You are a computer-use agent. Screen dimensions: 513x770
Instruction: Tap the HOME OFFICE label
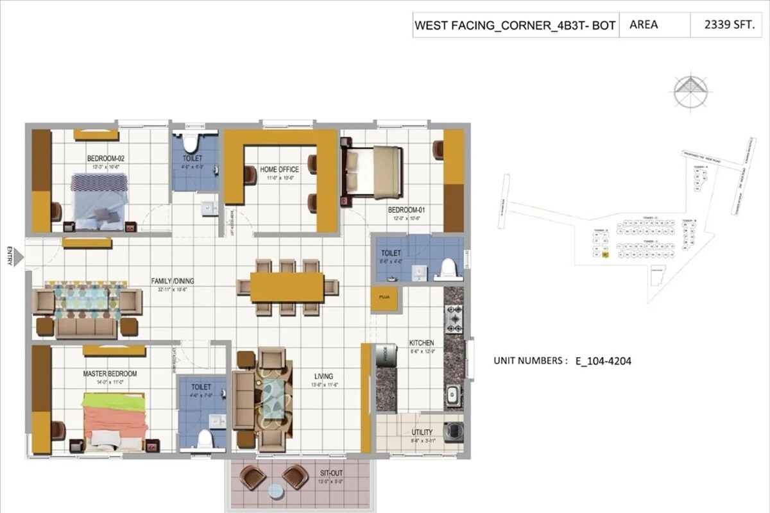[x=279, y=169]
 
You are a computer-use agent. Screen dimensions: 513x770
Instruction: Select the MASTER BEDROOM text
[x=110, y=373]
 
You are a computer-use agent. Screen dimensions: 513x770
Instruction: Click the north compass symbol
[x=690, y=92]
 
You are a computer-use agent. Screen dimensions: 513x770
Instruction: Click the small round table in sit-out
[x=275, y=491]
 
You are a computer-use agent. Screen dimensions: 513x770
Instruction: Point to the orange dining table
[x=287, y=287]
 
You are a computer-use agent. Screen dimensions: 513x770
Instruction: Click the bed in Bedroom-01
[x=374, y=171]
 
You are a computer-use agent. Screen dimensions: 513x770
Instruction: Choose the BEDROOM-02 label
[x=105, y=159]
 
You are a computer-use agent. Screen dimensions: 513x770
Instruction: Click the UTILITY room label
[x=422, y=432]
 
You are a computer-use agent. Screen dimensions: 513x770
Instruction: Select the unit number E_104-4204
[x=603, y=361]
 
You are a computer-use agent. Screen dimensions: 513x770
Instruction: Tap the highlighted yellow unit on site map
[x=604, y=255]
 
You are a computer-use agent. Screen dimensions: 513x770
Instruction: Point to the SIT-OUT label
[x=331, y=473]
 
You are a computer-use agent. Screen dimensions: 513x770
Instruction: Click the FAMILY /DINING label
[x=173, y=281]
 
